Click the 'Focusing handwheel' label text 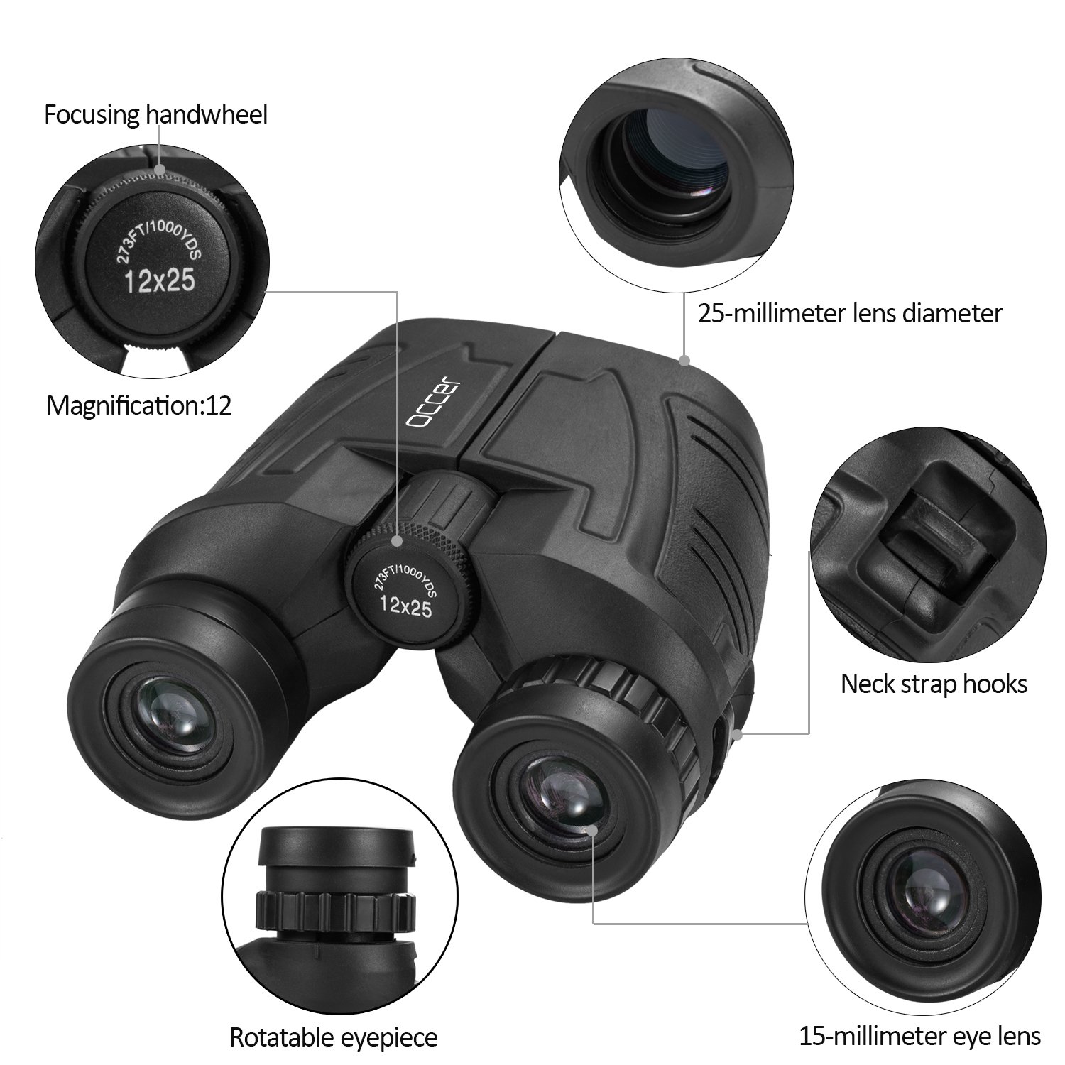pyautogui.click(x=155, y=114)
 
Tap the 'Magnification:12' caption pyautogui.click(x=139, y=405)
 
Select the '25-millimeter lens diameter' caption pyautogui.click(x=850, y=312)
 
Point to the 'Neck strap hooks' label pyautogui.click(x=934, y=684)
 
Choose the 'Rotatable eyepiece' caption pyautogui.click(x=333, y=1037)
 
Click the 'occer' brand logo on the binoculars pyautogui.click(x=434, y=401)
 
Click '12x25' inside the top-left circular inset pyautogui.click(x=159, y=281)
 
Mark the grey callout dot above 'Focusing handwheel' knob pyautogui.click(x=161, y=170)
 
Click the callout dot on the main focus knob pyautogui.click(x=398, y=542)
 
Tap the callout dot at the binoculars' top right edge pyautogui.click(x=686, y=361)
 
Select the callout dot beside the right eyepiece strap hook pyautogui.click(x=739, y=734)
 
